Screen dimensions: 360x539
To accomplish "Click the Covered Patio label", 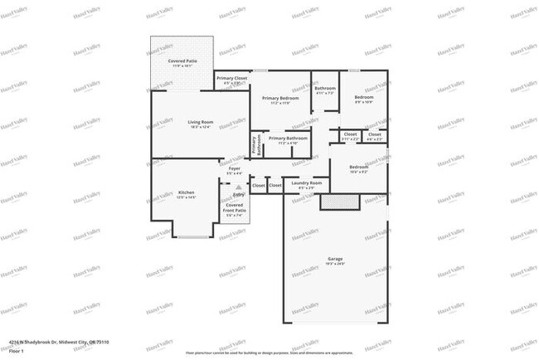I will click(181, 61).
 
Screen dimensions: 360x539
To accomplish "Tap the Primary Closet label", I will click(231, 79).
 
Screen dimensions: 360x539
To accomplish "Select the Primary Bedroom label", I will click(280, 99).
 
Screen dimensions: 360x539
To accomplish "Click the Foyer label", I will click(235, 168).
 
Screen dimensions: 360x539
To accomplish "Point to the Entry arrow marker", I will click(238, 187).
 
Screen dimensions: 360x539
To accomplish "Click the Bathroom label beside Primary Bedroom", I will click(325, 89).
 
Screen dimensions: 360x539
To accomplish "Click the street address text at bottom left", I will click(59, 342).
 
